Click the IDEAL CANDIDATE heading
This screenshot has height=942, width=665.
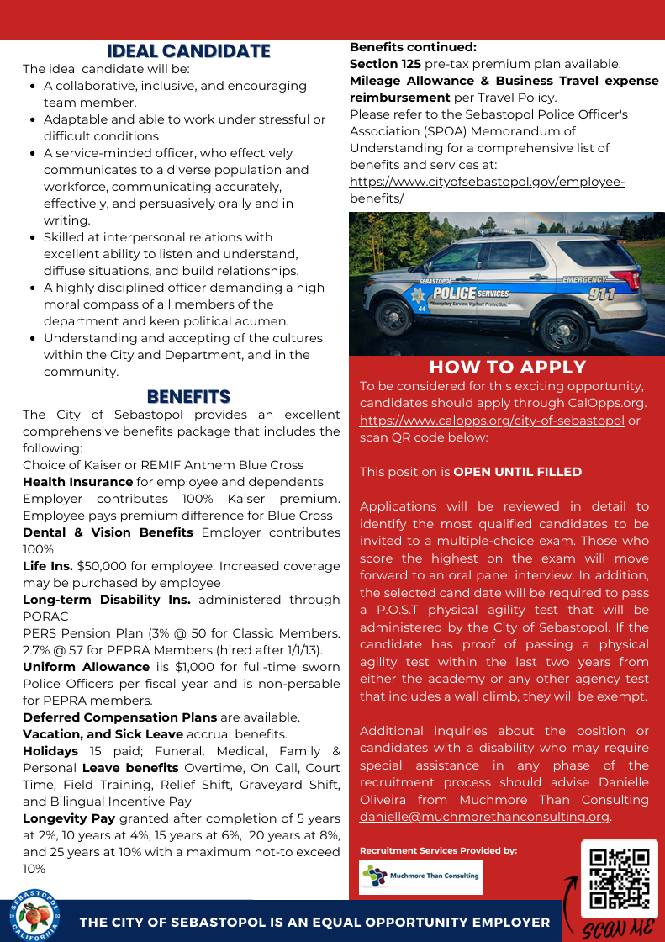(x=188, y=51)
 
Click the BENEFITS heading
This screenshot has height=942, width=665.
(x=188, y=396)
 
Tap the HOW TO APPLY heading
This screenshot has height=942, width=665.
(x=507, y=367)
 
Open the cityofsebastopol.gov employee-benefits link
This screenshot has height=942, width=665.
(x=487, y=190)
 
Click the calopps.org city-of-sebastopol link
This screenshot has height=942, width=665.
(x=492, y=421)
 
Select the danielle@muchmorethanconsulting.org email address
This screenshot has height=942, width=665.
(x=484, y=816)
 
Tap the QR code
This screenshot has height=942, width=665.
(x=620, y=879)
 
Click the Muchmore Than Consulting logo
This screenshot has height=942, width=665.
(x=421, y=877)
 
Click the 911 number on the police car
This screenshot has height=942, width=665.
(x=590, y=294)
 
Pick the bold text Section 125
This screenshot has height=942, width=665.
(x=385, y=64)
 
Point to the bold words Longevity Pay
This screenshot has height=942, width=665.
(x=70, y=818)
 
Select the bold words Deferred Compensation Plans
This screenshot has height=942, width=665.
(x=119, y=717)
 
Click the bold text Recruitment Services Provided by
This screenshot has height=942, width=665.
(x=438, y=850)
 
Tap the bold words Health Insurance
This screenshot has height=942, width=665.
(x=77, y=482)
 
